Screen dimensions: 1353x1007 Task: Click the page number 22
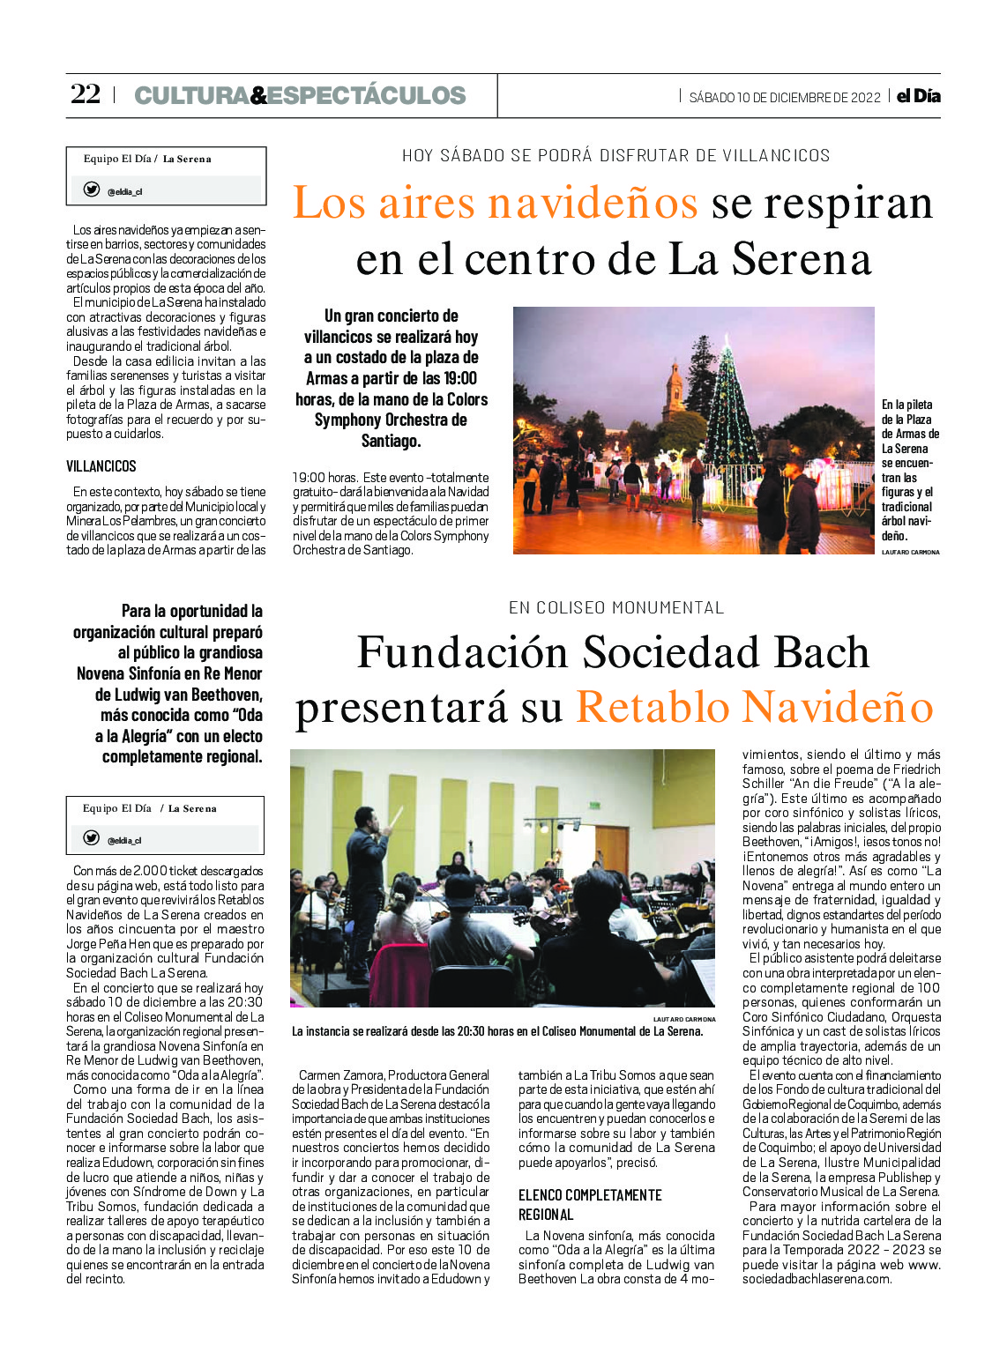coord(86,94)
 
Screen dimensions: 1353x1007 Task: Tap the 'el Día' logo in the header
coord(918,96)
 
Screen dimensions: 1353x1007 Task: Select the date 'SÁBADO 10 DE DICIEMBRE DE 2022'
coord(785,98)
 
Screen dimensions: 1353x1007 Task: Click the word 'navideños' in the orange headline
coord(593,203)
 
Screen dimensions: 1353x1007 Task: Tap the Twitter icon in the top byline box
coord(92,190)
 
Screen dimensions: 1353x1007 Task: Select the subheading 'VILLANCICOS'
coord(101,466)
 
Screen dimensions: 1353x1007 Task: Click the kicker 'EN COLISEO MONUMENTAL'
coord(616,608)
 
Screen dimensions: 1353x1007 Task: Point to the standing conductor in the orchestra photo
coord(365,890)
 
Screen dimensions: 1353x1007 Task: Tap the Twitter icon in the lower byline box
coord(91,838)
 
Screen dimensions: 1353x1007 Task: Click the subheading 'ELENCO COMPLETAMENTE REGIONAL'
coord(589,1204)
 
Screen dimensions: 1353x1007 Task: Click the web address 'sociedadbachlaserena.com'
coord(817,1279)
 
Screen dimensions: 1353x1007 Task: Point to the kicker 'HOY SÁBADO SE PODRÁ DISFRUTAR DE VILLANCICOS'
coord(615,156)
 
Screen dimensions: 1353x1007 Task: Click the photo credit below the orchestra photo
coord(684,1019)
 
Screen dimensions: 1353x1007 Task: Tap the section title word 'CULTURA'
coord(191,95)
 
